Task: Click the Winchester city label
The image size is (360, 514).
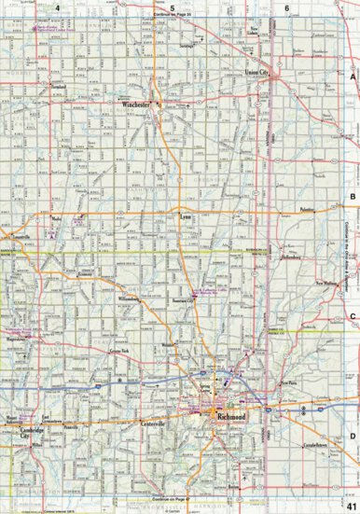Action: coord(137,106)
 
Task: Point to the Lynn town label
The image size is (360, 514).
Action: coord(185,215)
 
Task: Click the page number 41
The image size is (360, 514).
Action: coord(350,505)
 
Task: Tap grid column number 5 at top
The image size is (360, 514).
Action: coord(172,7)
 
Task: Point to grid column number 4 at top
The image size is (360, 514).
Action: coord(58,7)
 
